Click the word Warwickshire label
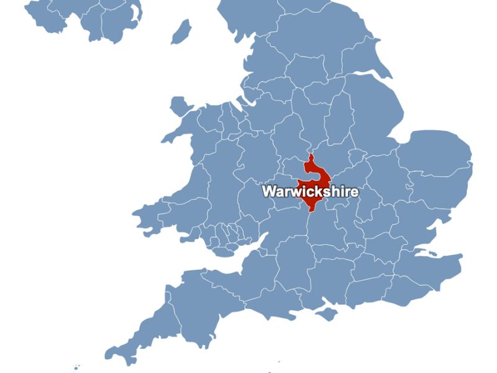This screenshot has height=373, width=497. click(x=310, y=191)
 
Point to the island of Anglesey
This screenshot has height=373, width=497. click(x=178, y=106)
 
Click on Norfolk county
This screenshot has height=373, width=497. click(x=435, y=155)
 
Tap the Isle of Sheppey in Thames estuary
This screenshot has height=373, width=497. click(x=429, y=251)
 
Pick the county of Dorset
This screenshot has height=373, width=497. click(x=273, y=298)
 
